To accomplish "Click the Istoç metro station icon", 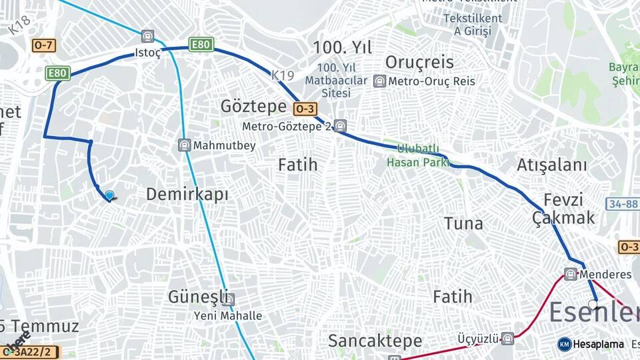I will tap(147, 36).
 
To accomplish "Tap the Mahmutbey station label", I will tap(224, 145).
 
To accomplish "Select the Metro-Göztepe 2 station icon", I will tap(340, 125).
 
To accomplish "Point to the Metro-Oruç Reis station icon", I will tap(380, 81).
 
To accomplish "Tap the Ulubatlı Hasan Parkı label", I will tap(417, 155).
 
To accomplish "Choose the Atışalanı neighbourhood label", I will tap(552, 165).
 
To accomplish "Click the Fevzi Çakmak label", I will tap(563, 209).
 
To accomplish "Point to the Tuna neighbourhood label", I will tap(463, 223).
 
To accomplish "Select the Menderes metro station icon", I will tap(570, 274).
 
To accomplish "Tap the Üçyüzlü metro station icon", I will tap(507, 338).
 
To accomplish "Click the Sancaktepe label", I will tap(375, 341).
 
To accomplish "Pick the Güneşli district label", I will tap(198, 296).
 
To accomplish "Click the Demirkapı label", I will tap(187, 195).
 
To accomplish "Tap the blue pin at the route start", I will tap(109, 195).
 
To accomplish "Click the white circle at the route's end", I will tap(593, 304).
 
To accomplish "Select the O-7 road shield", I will tap(43, 45).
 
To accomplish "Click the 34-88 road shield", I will tap(622, 203).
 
